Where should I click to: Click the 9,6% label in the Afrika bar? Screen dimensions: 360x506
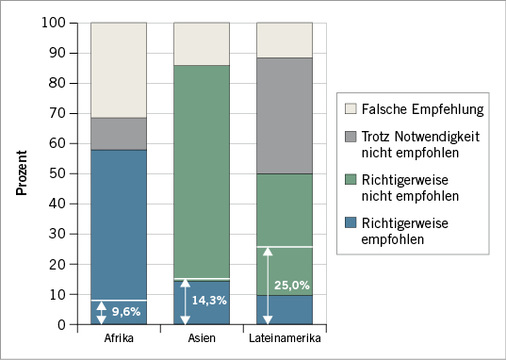(x=127, y=311)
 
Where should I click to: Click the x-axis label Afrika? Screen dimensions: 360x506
(x=119, y=338)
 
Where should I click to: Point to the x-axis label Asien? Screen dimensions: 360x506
(x=203, y=338)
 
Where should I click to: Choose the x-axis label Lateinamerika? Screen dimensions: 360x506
(x=286, y=338)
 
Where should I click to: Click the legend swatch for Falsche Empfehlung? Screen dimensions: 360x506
(x=350, y=107)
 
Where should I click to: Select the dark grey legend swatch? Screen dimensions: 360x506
(x=350, y=136)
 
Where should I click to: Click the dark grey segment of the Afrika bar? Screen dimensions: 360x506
(x=119, y=134)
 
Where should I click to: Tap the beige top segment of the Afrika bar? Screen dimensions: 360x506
(x=119, y=70)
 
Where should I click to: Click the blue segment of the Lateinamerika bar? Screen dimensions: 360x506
(x=286, y=310)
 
